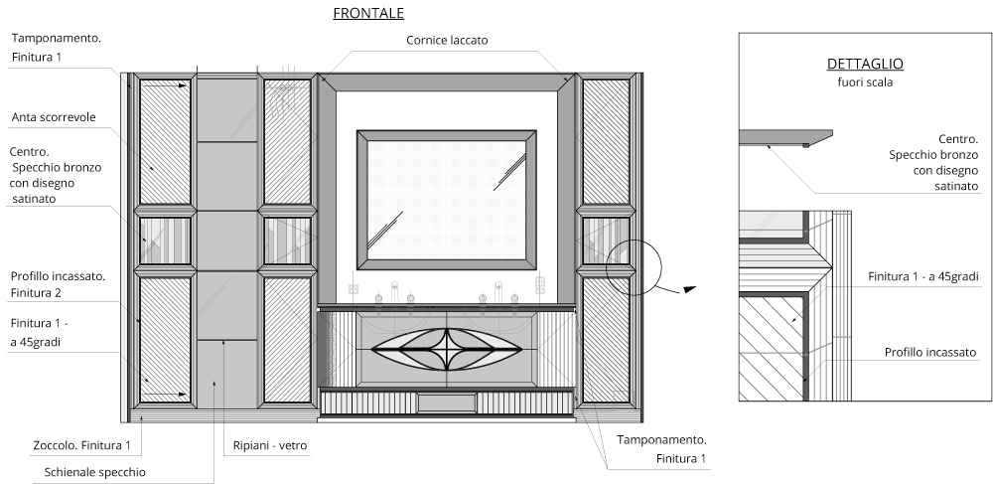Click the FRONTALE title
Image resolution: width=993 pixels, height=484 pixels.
[x=368, y=14]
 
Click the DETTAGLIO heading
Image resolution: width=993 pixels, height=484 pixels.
[x=864, y=64]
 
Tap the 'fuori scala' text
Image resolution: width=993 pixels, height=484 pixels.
[x=864, y=82]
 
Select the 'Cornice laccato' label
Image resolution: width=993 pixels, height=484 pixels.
[x=447, y=40]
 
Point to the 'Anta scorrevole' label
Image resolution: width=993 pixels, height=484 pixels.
[x=54, y=117]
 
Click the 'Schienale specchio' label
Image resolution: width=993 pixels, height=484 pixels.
[x=95, y=472]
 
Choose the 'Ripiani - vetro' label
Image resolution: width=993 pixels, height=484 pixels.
[x=270, y=446]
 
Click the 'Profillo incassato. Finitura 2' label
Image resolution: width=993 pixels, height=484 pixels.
[x=58, y=284]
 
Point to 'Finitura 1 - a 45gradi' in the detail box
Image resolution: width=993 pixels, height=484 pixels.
[x=922, y=275]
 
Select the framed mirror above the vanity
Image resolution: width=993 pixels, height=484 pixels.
[x=447, y=199]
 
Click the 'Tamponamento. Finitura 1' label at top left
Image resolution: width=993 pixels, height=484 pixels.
[x=56, y=48]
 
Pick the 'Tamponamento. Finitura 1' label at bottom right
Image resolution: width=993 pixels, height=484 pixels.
[x=661, y=448]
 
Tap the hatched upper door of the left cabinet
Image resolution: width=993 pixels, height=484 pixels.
[x=165, y=142]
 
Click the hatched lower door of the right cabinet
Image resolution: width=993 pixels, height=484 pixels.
[x=606, y=338]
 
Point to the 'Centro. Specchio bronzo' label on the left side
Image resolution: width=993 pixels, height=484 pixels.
[x=56, y=175]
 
